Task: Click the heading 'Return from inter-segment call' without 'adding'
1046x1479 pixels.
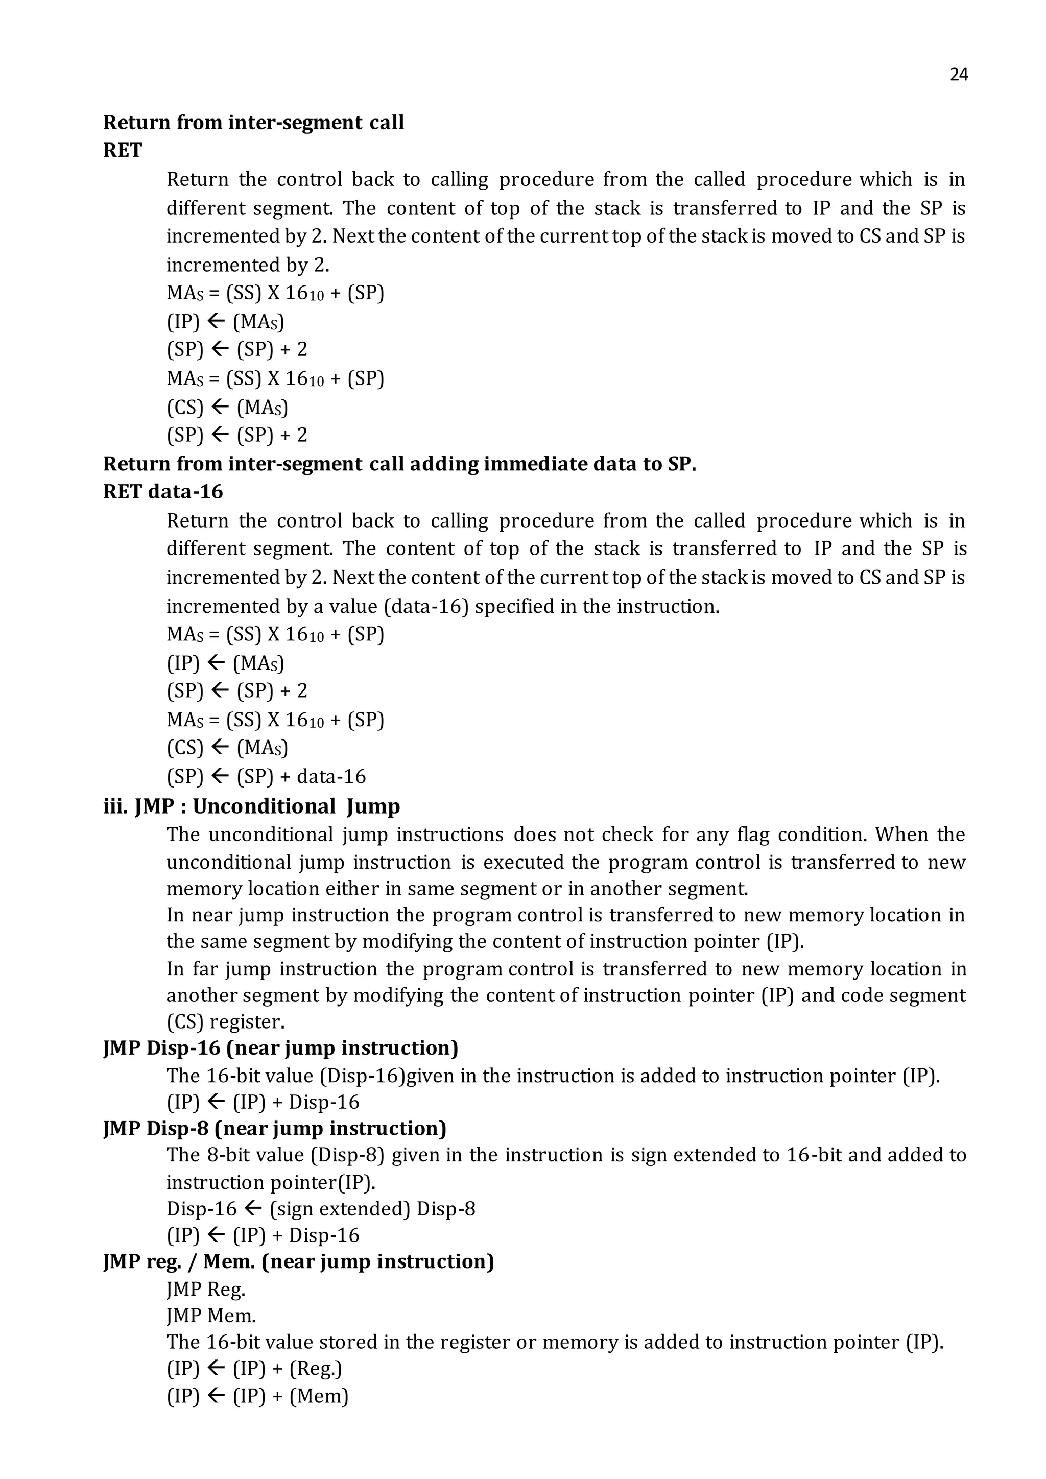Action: [x=253, y=123]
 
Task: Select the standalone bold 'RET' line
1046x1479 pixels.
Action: [x=123, y=150]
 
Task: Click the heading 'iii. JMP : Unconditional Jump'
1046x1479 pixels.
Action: [x=252, y=806]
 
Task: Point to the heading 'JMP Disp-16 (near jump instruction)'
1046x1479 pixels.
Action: [x=281, y=1047]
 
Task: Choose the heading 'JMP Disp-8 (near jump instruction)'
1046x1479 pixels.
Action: [x=275, y=1128]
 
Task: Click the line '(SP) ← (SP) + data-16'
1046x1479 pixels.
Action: [x=266, y=776]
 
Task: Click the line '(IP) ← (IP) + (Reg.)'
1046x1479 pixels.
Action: [x=254, y=1368]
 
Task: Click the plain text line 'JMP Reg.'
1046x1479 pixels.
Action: [x=205, y=1289]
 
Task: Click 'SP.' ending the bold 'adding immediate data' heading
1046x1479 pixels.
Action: [x=681, y=464]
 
